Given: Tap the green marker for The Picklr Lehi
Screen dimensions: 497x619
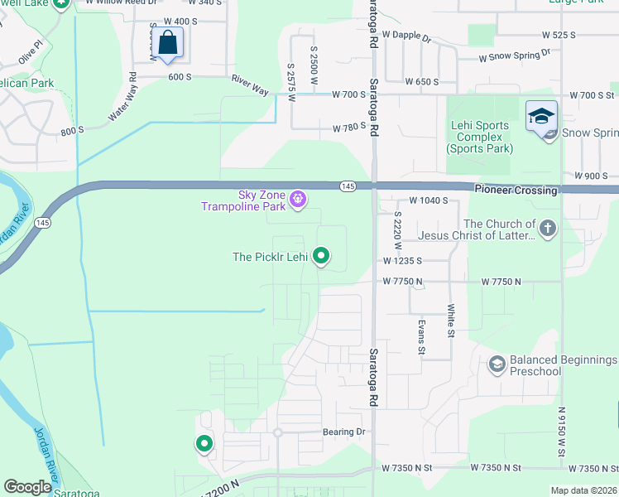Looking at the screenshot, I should (x=322, y=258).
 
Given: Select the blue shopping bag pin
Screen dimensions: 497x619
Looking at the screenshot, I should (x=167, y=43).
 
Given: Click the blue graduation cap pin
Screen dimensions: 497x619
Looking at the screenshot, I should (x=540, y=116).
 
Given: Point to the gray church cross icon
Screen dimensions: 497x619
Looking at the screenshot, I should (x=546, y=228).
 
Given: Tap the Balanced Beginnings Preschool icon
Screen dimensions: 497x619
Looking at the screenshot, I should (x=497, y=364).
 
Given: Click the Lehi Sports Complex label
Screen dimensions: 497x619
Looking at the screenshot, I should (x=480, y=138).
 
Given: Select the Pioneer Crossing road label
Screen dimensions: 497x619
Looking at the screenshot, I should (x=516, y=190).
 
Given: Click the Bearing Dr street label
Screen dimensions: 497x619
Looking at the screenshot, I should (x=343, y=432).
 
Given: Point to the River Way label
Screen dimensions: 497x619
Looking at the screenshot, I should (x=249, y=84).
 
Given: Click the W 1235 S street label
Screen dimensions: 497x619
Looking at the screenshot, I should (x=402, y=260).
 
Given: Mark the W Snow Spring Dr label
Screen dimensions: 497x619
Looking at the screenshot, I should (x=515, y=56).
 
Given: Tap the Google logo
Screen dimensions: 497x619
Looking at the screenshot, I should (x=27, y=487).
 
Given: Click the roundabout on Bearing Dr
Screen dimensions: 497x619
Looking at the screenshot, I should (x=278, y=432).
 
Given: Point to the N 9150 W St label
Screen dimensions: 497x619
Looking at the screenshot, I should (x=561, y=431).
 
